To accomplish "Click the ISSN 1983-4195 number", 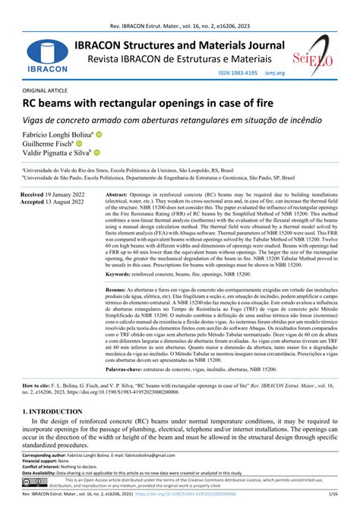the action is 235,73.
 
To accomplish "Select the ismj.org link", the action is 275,73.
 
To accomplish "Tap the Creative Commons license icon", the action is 36,482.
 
